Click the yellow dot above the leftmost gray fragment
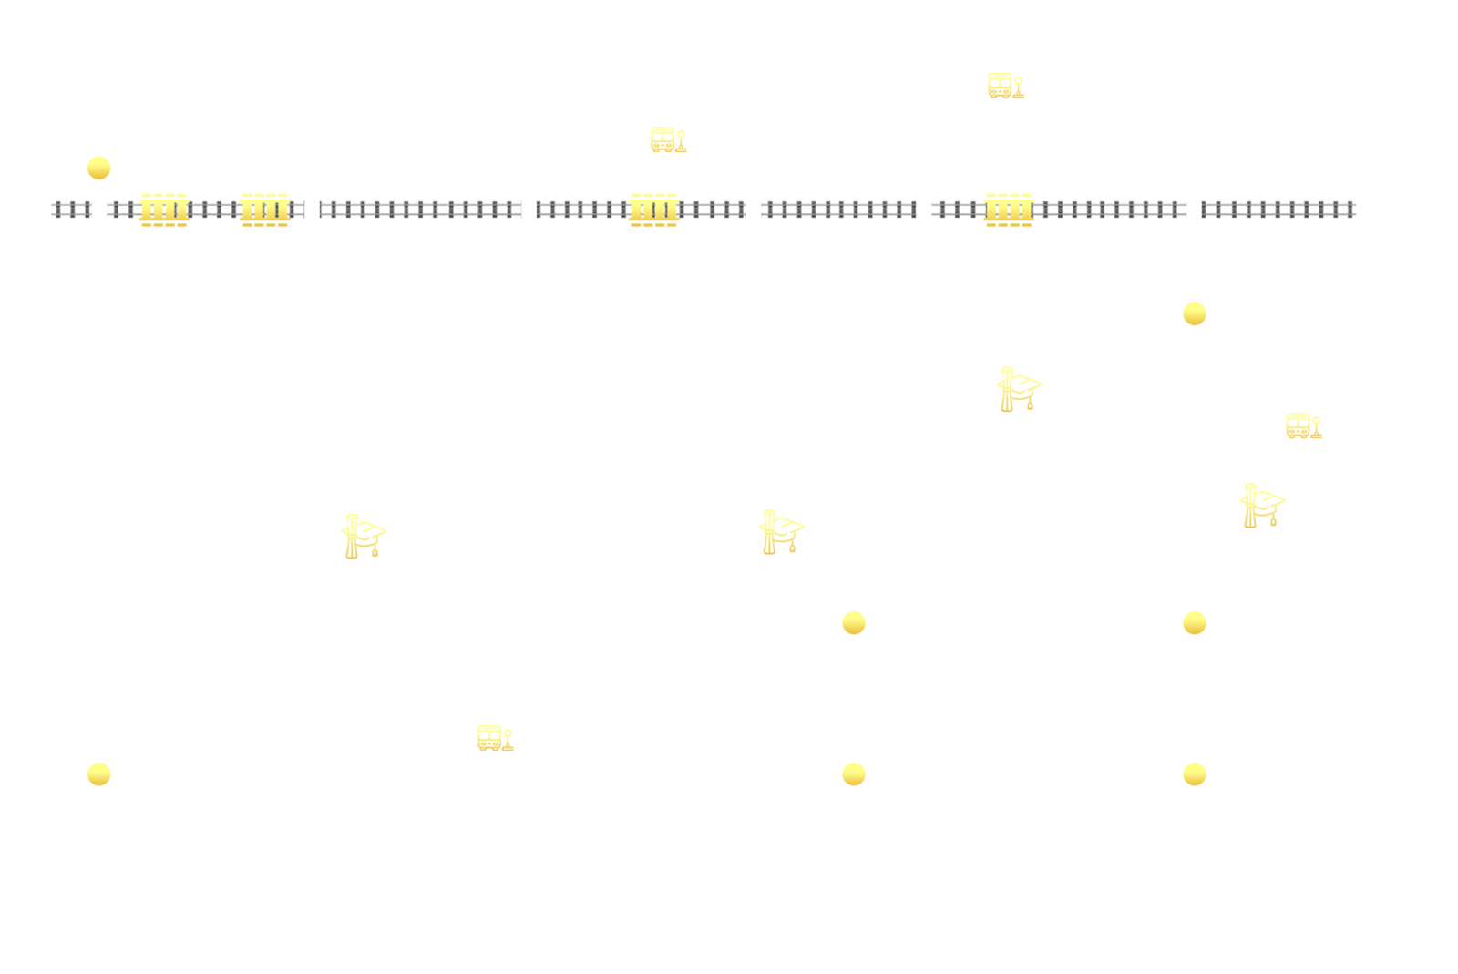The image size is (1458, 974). tap(98, 168)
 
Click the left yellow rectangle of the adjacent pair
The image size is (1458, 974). tap(164, 209)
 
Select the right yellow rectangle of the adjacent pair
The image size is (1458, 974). tap(265, 209)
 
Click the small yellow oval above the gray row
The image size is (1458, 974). tap(668, 138)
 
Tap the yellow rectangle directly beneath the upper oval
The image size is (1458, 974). tap(654, 209)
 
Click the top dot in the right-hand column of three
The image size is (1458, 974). tap(1194, 314)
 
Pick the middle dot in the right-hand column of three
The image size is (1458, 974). tap(1194, 623)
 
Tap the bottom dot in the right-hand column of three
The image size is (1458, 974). tap(1194, 774)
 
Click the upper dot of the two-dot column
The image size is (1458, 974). tap(853, 623)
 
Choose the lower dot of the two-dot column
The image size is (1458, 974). tap(853, 774)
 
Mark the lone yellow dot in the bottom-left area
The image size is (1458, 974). tap(98, 774)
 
